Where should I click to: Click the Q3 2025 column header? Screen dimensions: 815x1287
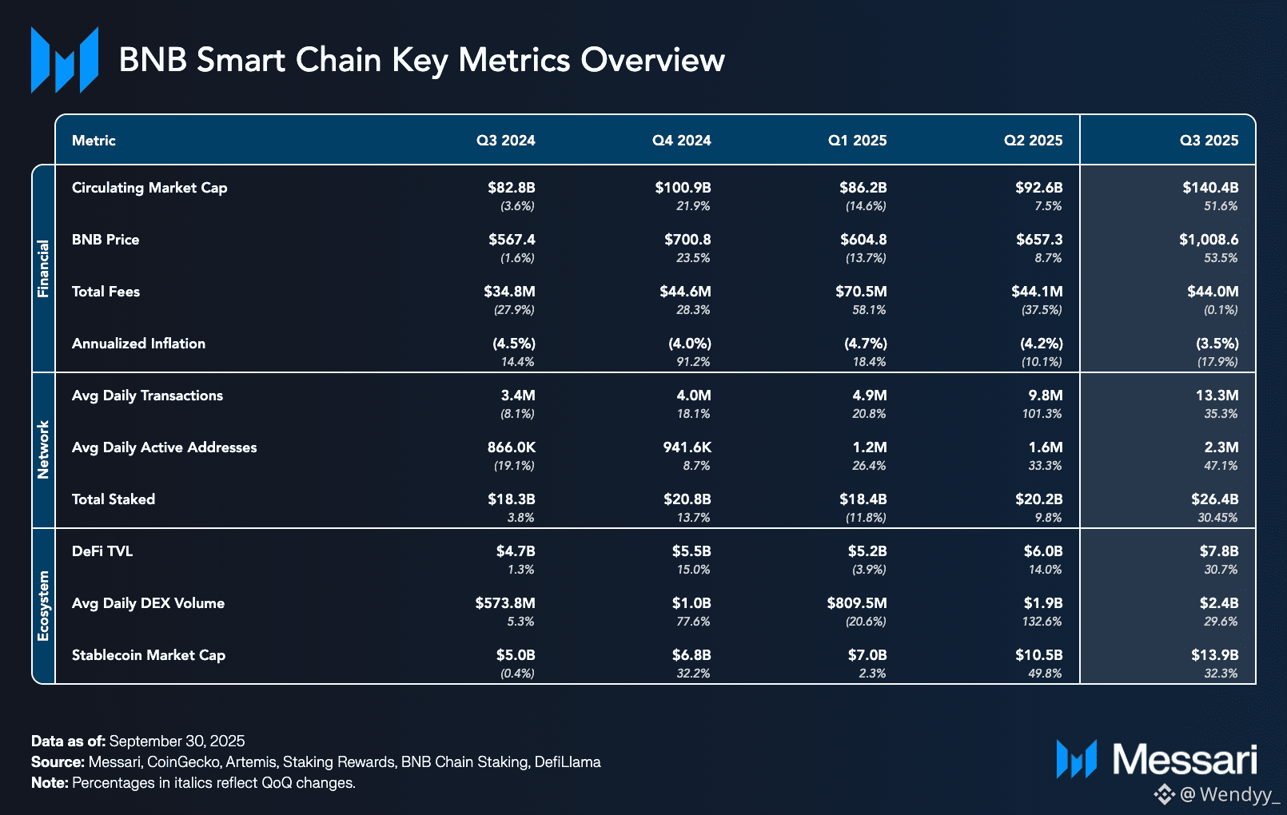point(1209,141)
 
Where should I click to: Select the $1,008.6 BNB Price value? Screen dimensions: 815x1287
point(1209,240)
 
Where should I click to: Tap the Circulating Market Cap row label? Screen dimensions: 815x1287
point(149,188)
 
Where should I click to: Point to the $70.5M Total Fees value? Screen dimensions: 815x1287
point(861,292)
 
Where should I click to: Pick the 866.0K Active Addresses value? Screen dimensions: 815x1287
point(511,447)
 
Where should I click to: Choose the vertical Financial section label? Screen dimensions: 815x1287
point(43,268)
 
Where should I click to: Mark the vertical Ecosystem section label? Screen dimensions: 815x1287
point(43,606)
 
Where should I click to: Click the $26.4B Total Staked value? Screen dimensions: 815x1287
point(1214,499)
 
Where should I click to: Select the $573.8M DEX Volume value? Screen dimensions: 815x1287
point(504,603)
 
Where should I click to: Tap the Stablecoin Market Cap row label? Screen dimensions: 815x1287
point(149,655)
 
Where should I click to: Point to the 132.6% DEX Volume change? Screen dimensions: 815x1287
point(1042,622)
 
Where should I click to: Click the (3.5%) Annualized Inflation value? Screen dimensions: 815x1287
point(1217,344)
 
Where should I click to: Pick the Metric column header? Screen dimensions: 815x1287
point(94,141)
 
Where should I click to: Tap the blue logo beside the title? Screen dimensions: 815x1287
point(65,60)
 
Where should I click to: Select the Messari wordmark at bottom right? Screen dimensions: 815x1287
point(1185,759)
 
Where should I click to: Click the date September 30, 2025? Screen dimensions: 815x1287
point(177,741)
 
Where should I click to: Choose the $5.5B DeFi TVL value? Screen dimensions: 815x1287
point(691,551)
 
